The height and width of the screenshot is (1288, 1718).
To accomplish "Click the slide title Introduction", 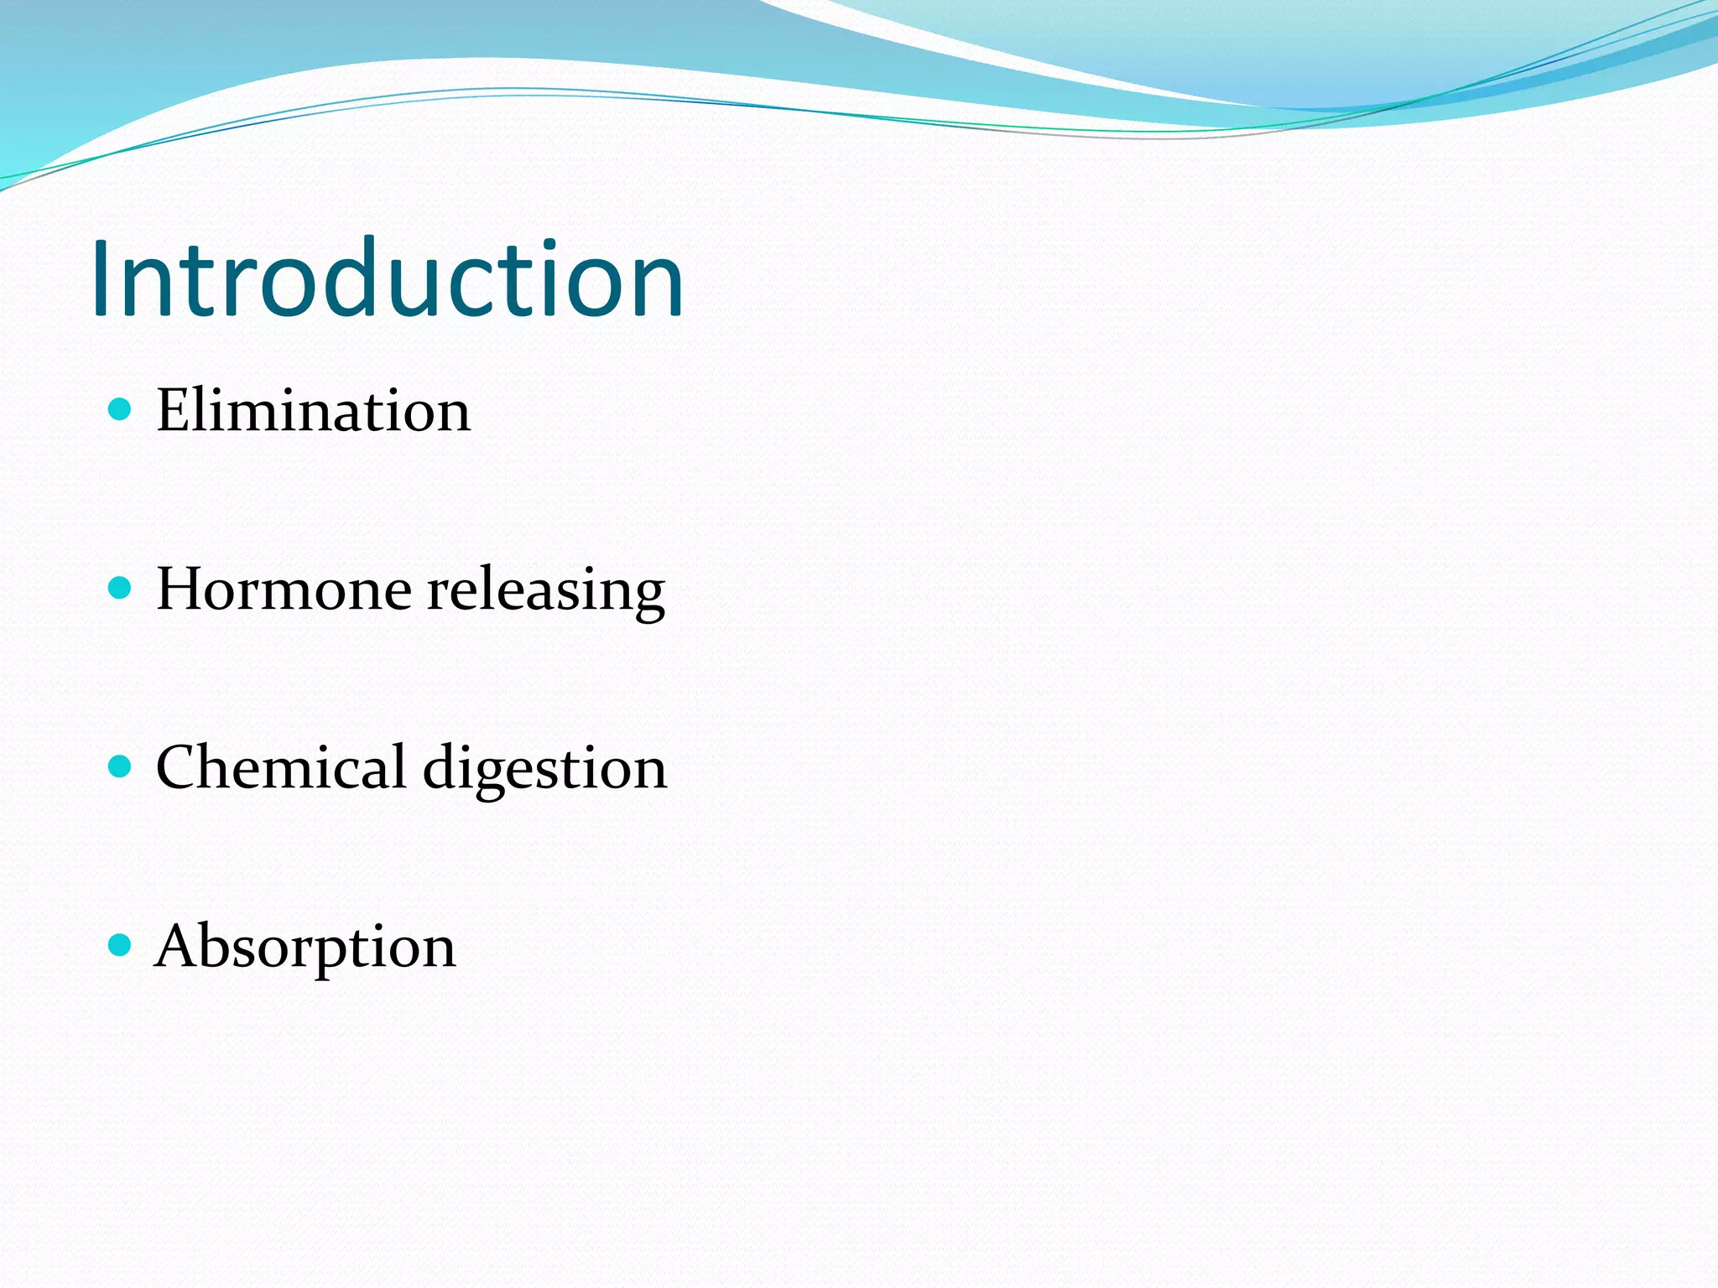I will click(388, 278).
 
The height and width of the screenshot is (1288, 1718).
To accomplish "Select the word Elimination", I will click(313, 411).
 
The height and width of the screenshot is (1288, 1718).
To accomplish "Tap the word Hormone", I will click(284, 589).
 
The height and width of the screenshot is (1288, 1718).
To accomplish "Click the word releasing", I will click(546, 590).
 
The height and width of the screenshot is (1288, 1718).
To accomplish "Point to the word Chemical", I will click(281, 767).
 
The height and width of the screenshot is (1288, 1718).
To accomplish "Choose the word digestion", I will click(545, 769).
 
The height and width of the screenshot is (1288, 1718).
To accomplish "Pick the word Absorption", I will click(305, 947).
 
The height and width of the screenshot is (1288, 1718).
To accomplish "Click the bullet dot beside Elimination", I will click(121, 409).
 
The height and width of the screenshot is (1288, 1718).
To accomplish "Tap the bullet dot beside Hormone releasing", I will click(121, 588).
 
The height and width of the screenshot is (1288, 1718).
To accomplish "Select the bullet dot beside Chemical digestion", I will click(121, 766).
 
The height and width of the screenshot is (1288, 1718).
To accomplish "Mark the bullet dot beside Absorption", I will click(121, 945).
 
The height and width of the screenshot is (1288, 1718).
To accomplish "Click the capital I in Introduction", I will click(102, 278).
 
